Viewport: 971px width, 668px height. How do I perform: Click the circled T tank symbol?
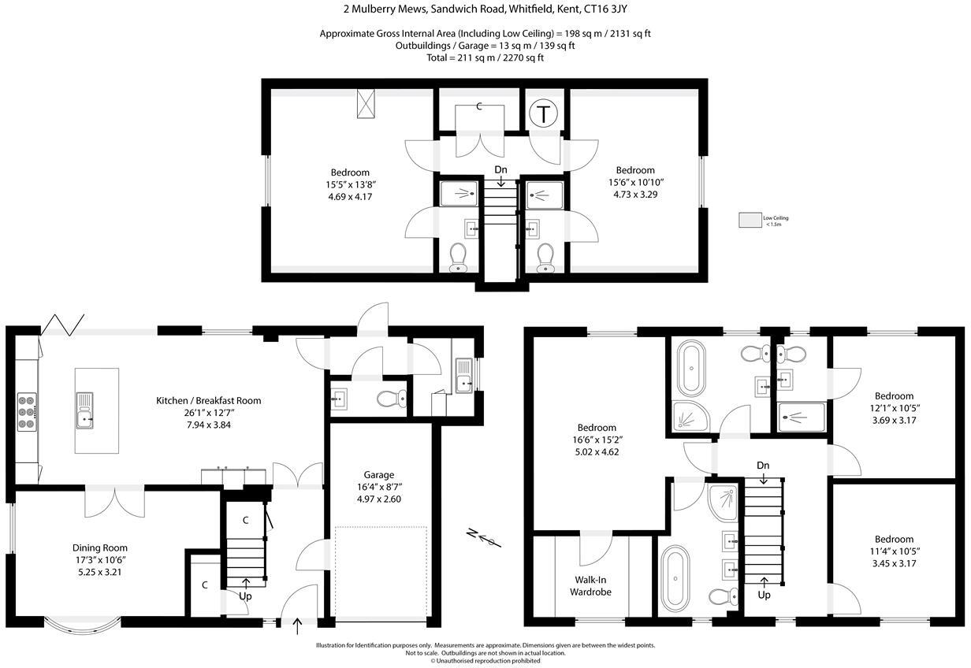point(543,114)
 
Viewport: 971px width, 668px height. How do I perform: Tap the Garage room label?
point(379,475)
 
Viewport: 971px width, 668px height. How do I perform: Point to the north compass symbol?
point(482,538)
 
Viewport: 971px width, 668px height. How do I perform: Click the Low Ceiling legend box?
point(750,221)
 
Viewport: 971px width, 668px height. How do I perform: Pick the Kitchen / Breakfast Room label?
point(208,401)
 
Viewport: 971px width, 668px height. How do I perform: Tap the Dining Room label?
point(100,548)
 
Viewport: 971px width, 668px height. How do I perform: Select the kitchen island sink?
point(84,410)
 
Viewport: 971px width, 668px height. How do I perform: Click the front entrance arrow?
point(297,626)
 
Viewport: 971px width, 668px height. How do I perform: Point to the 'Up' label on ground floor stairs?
point(247,596)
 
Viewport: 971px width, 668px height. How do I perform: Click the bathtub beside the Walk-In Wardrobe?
point(675,578)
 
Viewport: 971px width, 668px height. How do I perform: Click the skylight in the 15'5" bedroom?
point(366,103)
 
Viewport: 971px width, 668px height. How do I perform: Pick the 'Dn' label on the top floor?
point(500,169)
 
